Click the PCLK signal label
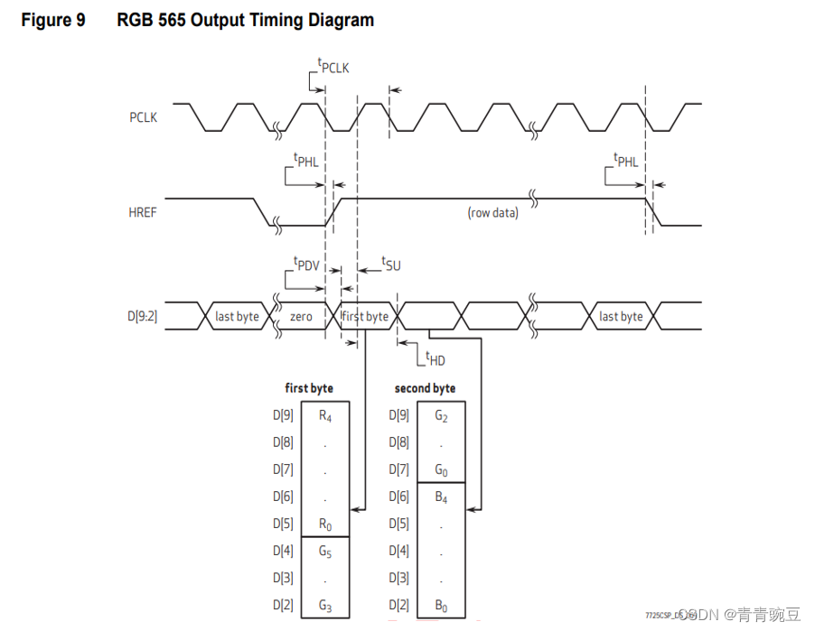pyautogui.click(x=143, y=117)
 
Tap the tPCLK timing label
pyautogui.click(x=333, y=65)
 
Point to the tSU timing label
pyautogui.click(x=390, y=264)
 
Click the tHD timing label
pyautogui.click(x=436, y=358)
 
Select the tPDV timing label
pyautogui.click(x=308, y=264)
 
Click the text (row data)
pyautogui.click(x=492, y=213)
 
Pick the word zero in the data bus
pyautogui.click(x=301, y=317)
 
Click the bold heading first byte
pyautogui.click(x=309, y=388)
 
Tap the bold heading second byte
pyautogui.click(x=425, y=388)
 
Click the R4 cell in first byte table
pyautogui.click(x=325, y=416)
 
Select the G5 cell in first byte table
pyautogui.click(x=325, y=552)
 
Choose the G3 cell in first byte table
pyautogui.click(x=325, y=606)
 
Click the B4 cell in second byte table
pyautogui.click(x=441, y=497)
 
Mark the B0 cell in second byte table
pyautogui.click(x=441, y=606)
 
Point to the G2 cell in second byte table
pyautogui.click(x=441, y=416)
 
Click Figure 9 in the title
pyautogui.click(x=53, y=20)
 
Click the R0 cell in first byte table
pyautogui.click(x=325, y=524)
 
